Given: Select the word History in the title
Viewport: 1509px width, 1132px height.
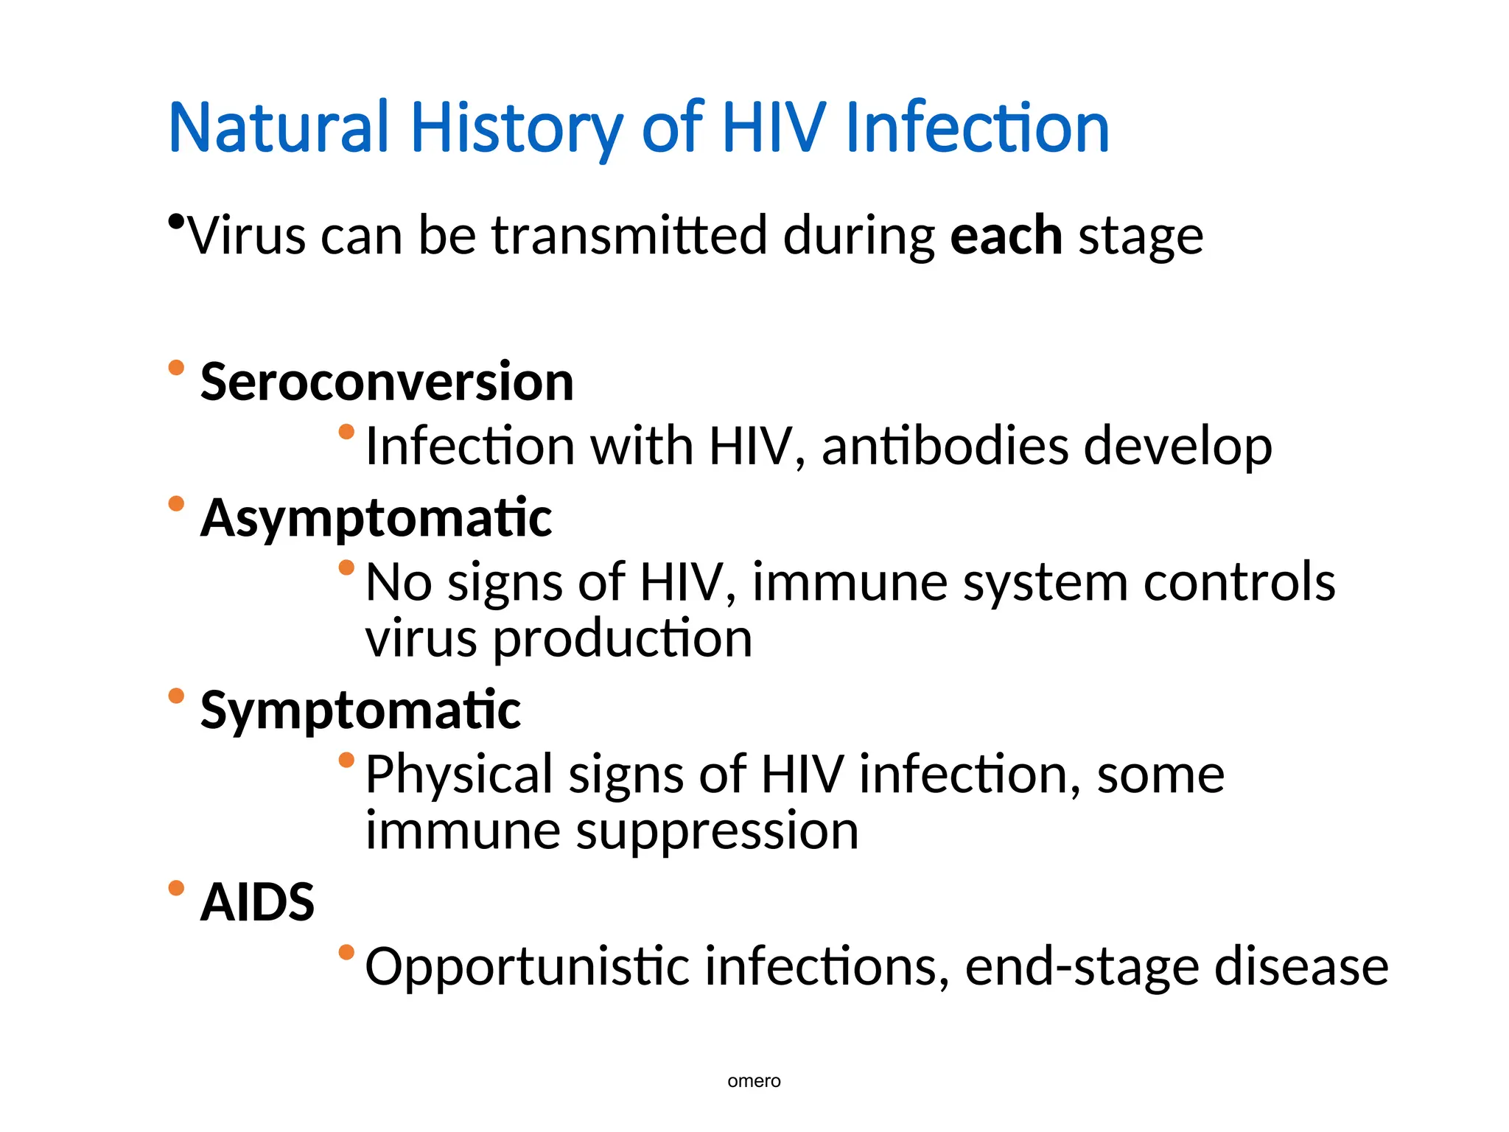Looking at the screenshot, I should click(x=516, y=129).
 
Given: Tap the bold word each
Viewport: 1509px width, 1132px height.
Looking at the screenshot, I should click(x=1006, y=236).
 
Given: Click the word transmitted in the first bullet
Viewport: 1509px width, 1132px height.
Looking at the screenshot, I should click(x=630, y=236).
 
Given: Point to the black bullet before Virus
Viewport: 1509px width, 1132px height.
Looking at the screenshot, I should click(x=175, y=220).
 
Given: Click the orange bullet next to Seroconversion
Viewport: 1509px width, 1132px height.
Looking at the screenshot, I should click(x=176, y=367).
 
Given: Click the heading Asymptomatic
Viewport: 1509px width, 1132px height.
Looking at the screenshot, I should click(x=376, y=517).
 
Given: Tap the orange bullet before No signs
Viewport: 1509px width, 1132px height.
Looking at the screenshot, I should click(x=346, y=567).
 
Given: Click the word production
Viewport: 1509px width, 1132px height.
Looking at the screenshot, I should click(x=623, y=638).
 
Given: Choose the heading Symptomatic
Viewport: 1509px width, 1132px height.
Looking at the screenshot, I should click(x=360, y=710).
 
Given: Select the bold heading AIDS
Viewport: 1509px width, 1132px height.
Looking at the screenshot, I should click(x=257, y=902).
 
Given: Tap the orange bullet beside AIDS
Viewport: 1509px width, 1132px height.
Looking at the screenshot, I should click(x=176, y=887).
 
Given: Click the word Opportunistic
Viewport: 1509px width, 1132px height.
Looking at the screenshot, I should click(x=527, y=966).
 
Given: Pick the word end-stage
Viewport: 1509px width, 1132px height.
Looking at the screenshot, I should click(x=1082, y=966).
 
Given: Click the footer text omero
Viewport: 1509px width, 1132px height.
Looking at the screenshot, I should click(x=754, y=1081).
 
